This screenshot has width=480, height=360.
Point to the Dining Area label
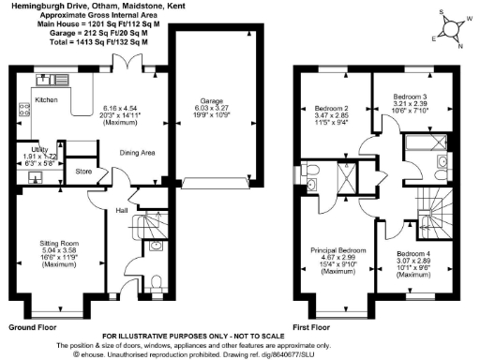click(x=137, y=152)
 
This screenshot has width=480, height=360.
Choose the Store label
click(x=83, y=172)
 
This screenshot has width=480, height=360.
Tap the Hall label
click(x=122, y=211)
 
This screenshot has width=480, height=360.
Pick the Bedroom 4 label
click(x=412, y=254)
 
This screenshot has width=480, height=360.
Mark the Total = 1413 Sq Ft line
click(x=92, y=42)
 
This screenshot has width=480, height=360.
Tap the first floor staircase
click(x=437, y=201)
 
